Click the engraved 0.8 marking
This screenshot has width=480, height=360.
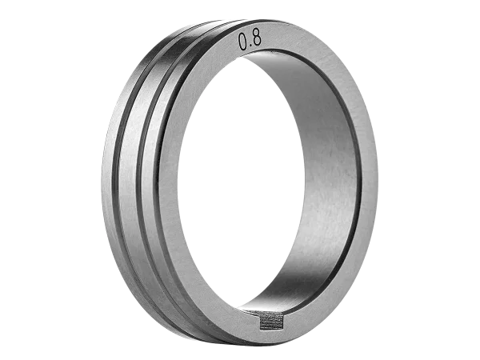coord(250,40)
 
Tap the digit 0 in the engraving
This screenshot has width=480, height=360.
coord(242,42)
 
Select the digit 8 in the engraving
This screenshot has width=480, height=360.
coord(257,38)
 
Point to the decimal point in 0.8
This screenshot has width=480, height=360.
coord(250,46)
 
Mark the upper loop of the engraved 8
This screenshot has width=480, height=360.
coord(256,34)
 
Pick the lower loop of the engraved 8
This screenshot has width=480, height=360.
coord(258,42)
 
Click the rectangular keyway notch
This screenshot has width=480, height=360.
coord(271,321)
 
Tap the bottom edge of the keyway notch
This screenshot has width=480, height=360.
coord(271,329)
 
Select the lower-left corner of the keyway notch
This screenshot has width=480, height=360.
coord(260,330)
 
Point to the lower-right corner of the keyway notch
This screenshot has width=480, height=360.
coord(283,328)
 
